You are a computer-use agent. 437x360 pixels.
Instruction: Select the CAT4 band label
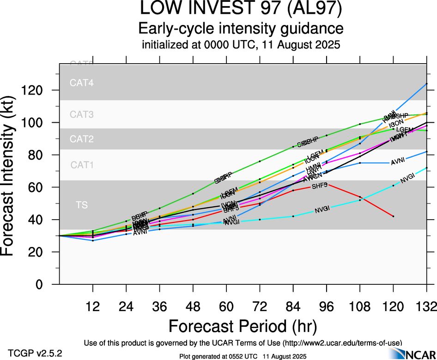pyautogui.click(x=82, y=83)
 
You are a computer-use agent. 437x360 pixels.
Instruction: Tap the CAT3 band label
pyautogui.click(x=82, y=114)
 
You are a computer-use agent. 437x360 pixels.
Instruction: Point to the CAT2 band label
pyautogui.click(x=82, y=139)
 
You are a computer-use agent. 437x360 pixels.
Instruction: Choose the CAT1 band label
pyautogui.click(x=82, y=165)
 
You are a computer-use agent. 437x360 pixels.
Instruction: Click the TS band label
pyautogui.click(x=82, y=204)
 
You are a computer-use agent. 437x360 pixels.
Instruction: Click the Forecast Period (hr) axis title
pyautogui.click(x=243, y=326)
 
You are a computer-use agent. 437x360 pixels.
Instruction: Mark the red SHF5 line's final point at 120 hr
pyautogui.click(x=393, y=216)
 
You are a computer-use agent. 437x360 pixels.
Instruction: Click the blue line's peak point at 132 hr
pyautogui.click(x=426, y=84)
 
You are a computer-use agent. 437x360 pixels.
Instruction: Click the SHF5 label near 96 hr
pyautogui.click(x=320, y=186)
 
